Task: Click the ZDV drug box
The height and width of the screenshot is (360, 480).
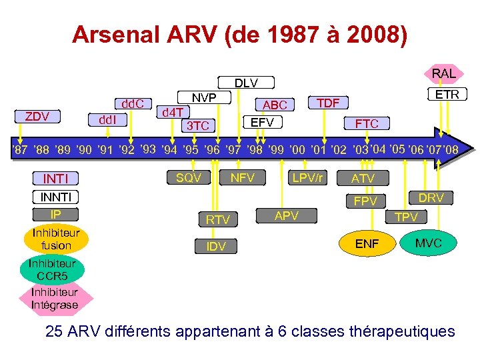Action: point(37,117)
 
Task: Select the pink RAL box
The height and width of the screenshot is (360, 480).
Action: point(443,73)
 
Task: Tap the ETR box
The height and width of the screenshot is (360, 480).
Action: point(447,95)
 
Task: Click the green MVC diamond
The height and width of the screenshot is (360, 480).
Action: point(428,243)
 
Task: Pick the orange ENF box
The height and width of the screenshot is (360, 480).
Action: point(367,244)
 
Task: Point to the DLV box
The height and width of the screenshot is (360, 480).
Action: point(246,83)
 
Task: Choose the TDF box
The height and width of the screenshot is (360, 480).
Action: point(327,103)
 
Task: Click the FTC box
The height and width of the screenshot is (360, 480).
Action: point(367,123)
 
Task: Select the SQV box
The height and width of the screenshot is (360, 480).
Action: point(189,177)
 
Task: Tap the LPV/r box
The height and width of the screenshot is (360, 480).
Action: point(307,177)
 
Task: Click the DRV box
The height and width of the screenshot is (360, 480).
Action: point(431,197)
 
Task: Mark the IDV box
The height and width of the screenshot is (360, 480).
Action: point(216,247)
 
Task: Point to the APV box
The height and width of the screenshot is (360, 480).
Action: point(286,215)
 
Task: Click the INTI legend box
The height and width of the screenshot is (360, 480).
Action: point(56,179)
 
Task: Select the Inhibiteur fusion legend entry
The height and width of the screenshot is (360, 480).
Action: point(56,239)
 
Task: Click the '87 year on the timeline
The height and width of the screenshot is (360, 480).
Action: point(19,150)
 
